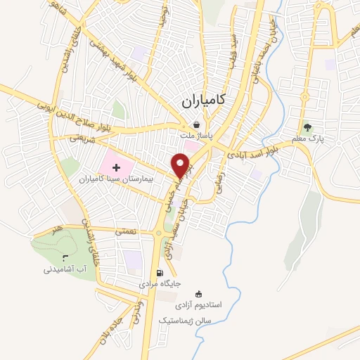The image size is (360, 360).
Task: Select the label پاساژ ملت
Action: pyautogui.click(x=193, y=136)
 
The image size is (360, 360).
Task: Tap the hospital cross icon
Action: pyautogui.click(x=116, y=166)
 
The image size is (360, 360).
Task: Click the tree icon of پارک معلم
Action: pyautogui.click(x=307, y=127)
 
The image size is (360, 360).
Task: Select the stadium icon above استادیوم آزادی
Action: pyautogui.click(x=198, y=294)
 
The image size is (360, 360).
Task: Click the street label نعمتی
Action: pyautogui.click(x=117, y=229)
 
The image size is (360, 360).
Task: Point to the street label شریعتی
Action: pyautogui.click(x=82, y=139)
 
